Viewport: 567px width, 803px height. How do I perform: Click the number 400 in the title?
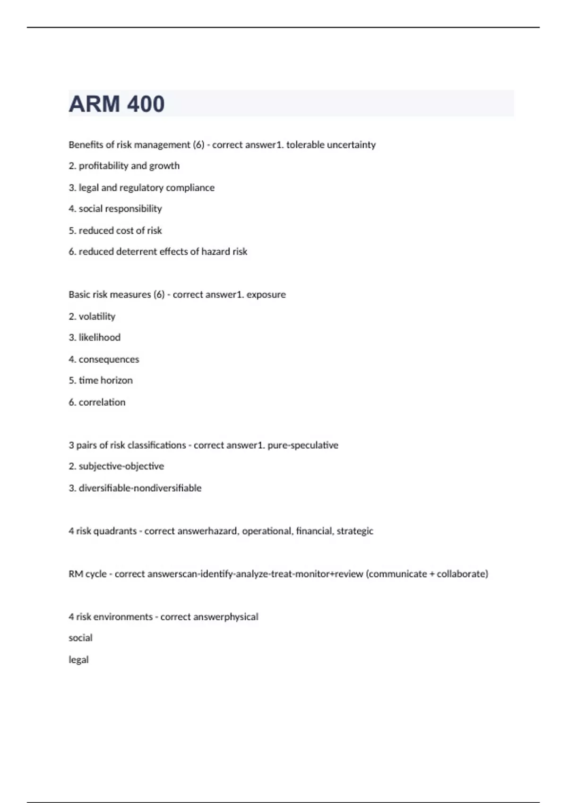point(146,104)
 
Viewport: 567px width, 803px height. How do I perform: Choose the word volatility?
point(97,316)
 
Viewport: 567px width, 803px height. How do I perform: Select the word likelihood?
point(99,337)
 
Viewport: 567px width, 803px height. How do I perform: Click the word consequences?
point(109,359)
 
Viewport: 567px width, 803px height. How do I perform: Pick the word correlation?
point(102,402)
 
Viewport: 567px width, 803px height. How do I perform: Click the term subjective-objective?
point(121,466)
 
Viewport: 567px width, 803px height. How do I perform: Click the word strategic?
point(355,531)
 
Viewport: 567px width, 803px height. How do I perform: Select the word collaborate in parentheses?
point(461,574)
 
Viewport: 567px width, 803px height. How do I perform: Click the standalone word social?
point(80,638)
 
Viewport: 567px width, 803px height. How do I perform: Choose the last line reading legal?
point(78,660)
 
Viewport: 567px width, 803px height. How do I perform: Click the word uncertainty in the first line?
point(351,145)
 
